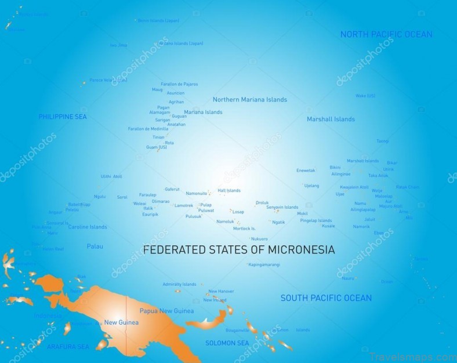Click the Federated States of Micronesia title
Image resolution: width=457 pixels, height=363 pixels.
tap(239, 250)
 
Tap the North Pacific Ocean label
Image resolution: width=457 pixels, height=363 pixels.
tap(386, 34)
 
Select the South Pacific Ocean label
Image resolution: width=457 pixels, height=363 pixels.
tap(326, 298)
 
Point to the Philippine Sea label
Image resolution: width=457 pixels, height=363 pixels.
tap(63, 117)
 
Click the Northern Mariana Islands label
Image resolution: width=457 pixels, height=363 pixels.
tap(249, 100)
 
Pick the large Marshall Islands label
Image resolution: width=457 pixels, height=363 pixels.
tap(331, 119)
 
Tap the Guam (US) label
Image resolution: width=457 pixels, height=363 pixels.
tap(156, 147)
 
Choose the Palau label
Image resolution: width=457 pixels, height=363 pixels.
tap(95, 246)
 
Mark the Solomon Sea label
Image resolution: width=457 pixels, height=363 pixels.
tap(227, 343)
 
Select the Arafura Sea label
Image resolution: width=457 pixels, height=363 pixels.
tap(68, 347)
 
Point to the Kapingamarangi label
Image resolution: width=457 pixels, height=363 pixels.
tap(264, 264)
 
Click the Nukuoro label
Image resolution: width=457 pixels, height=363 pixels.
tap(259, 238)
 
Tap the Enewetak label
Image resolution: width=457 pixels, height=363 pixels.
tap(306, 170)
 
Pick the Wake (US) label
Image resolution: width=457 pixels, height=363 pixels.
tap(365, 96)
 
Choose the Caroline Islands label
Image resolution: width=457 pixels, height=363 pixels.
tap(88, 227)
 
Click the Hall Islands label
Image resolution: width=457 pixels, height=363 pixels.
tap(228, 190)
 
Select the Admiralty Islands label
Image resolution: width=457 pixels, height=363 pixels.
tap(179, 284)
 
